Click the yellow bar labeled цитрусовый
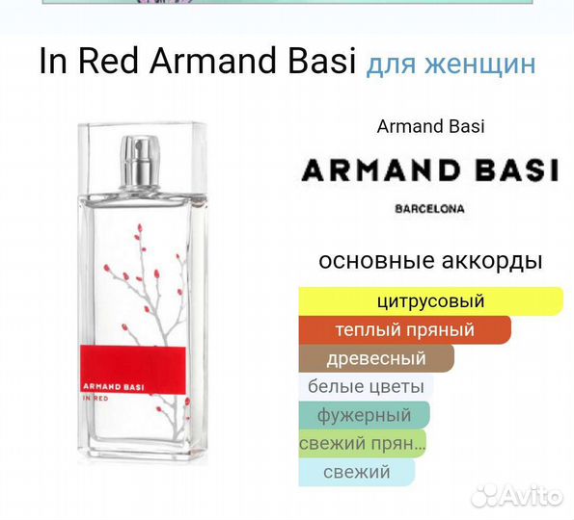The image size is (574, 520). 430,301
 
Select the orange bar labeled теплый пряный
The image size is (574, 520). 404,330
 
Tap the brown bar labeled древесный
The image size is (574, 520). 376,359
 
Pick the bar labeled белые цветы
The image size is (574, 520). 366,387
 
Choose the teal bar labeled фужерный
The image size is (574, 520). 364,416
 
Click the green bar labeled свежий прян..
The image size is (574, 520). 362,444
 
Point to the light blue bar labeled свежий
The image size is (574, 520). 357,472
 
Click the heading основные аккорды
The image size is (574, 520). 430,261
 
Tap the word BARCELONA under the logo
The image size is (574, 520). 430,207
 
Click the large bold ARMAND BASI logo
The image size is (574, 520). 430,172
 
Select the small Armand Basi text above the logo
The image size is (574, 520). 430,126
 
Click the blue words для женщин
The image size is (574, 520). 451,65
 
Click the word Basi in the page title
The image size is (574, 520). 325,63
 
